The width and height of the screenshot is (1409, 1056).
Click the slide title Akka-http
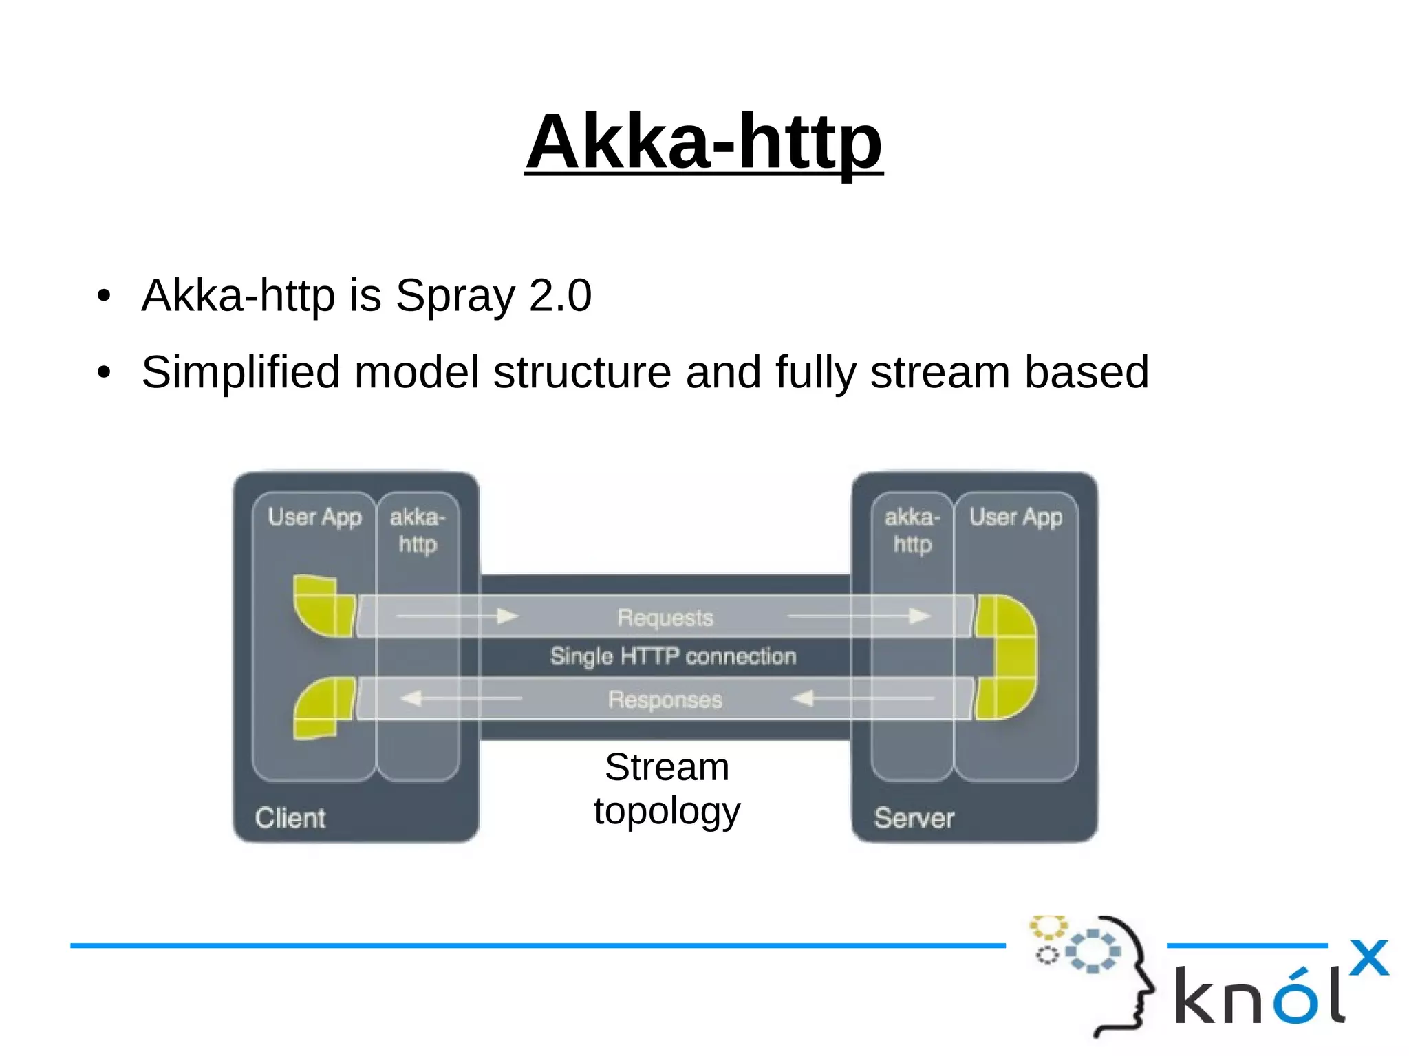coord(703,142)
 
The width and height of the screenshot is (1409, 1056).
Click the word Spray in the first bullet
coord(455,296)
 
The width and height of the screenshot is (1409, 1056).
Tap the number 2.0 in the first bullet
coord(560,296)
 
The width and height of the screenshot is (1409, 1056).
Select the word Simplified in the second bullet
coord(241,372)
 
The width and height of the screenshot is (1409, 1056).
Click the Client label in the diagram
coord(290,818)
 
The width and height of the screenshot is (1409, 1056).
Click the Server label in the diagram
coord(914,818)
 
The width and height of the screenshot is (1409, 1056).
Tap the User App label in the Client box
coord(314,517)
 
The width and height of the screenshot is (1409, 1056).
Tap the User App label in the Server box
coord(1015,517)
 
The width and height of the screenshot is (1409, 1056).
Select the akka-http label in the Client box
coord(418,530)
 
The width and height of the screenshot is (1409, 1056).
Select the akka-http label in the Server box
coord(912,530)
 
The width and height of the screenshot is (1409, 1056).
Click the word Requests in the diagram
coord(665,617)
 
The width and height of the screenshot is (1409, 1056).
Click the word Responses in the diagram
coord(665,700)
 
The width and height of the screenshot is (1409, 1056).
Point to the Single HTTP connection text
coord(673,656)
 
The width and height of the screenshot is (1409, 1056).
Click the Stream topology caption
coord(667,788)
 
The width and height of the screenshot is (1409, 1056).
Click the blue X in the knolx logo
coord(1369,958)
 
